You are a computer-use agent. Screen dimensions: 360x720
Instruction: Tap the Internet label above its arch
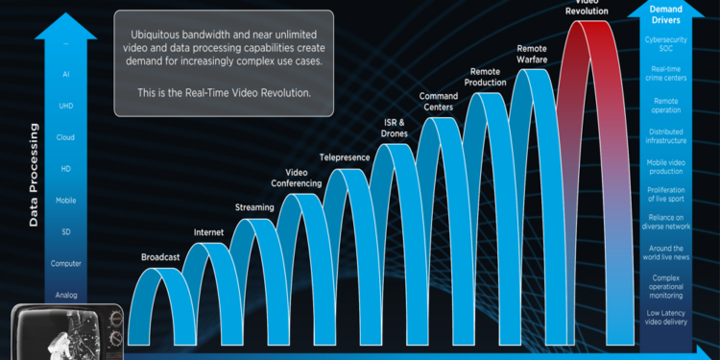coord(208,232)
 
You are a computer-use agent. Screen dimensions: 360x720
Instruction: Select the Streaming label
coord(254,207)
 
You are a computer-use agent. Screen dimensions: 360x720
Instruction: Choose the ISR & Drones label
coord(395,128)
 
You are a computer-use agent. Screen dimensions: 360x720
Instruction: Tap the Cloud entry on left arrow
coord(66,137)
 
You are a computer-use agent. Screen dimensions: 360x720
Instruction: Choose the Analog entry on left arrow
coord(66,296)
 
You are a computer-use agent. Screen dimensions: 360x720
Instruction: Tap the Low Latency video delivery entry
coord(672,318)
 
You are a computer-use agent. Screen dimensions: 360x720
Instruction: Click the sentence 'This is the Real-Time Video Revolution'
coord(224,94)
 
